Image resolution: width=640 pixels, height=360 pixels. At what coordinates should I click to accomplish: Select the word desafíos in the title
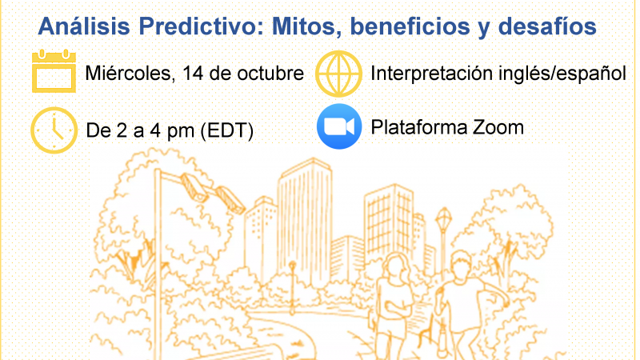coord(547,26)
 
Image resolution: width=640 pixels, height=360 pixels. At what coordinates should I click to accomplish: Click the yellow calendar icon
coord(54,71)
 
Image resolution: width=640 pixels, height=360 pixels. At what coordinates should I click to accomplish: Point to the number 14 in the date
coord(193,74)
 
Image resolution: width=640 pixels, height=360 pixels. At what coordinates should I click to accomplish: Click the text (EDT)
coord(227,130)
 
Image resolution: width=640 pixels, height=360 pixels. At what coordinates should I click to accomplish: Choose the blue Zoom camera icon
coord(339,126)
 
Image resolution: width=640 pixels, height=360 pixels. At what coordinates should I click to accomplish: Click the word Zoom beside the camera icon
coord(498,127)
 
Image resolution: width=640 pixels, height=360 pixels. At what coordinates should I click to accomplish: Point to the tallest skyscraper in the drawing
coord(304,221)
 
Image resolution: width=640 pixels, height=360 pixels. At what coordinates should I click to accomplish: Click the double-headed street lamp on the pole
coord(212,192)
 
